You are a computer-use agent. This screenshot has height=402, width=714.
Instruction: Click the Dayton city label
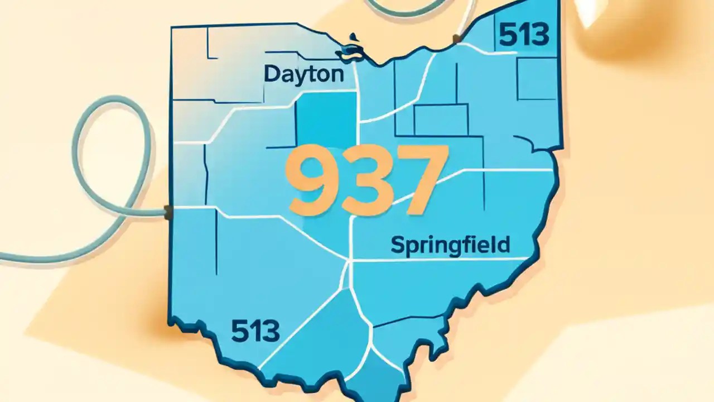pos(303,74)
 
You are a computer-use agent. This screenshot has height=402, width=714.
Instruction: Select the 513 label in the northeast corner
pos(524,36)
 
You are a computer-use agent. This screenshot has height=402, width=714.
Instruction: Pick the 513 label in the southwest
pos(255,332)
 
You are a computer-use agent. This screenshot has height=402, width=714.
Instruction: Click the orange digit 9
pos(313,180)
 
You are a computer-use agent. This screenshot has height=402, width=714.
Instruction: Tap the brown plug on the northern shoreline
pos(457,39)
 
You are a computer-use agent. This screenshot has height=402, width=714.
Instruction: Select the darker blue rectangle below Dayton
pos(326,118)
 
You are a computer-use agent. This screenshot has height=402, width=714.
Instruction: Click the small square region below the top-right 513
pos(537,78)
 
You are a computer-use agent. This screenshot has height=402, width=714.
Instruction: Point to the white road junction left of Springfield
pos(350,260)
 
